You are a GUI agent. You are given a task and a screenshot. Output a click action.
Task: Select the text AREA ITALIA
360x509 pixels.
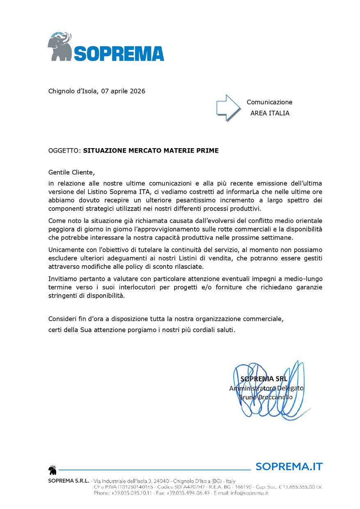pos(270,113)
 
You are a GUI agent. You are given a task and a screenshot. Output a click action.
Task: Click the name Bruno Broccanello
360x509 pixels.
pos(266,397)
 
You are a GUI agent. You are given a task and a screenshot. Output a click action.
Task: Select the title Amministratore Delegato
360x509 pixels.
pos(266,388)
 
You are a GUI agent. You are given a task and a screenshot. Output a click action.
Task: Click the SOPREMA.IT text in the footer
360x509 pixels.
pos(289,466)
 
